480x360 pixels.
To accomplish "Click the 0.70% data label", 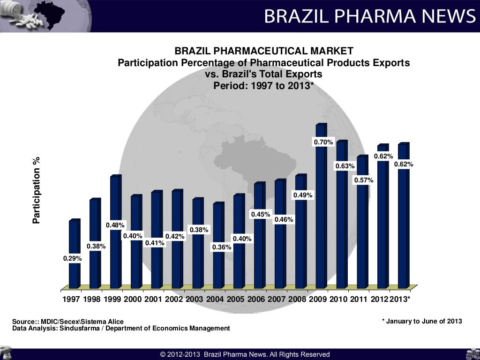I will (323, 142).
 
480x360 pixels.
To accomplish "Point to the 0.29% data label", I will (73, 258).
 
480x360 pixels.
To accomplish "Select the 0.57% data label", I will (363, 180).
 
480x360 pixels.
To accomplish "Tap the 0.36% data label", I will (222, 247).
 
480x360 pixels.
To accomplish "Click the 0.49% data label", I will (303, 195).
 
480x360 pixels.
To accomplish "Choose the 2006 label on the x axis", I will (256, 299).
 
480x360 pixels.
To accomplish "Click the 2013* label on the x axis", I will (400, 299).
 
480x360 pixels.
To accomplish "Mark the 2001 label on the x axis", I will (154, 299).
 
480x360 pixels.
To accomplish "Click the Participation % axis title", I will (37, 190).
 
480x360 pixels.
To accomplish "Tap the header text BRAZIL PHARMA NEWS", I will (369, 16).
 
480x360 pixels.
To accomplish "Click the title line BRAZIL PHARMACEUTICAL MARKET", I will (264, 51).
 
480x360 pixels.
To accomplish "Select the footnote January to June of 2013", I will (422, 321).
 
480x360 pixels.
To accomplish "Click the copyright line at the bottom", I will (245, 354).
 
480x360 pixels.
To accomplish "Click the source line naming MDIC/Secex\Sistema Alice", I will (68, 322).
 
